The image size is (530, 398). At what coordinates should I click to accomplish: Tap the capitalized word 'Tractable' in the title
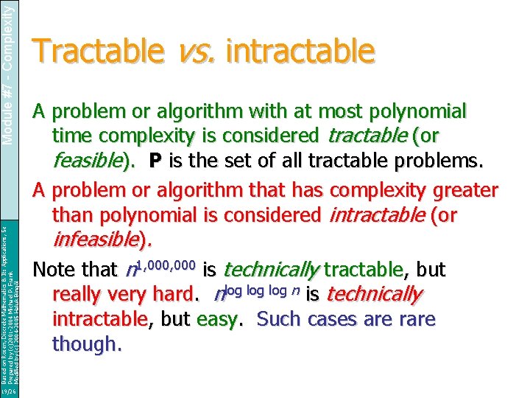(x=100, y=52)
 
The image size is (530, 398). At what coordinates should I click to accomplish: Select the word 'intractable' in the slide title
(x=302, y=52)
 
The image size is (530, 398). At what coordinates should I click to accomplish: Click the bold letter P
(x=155, y=161)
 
